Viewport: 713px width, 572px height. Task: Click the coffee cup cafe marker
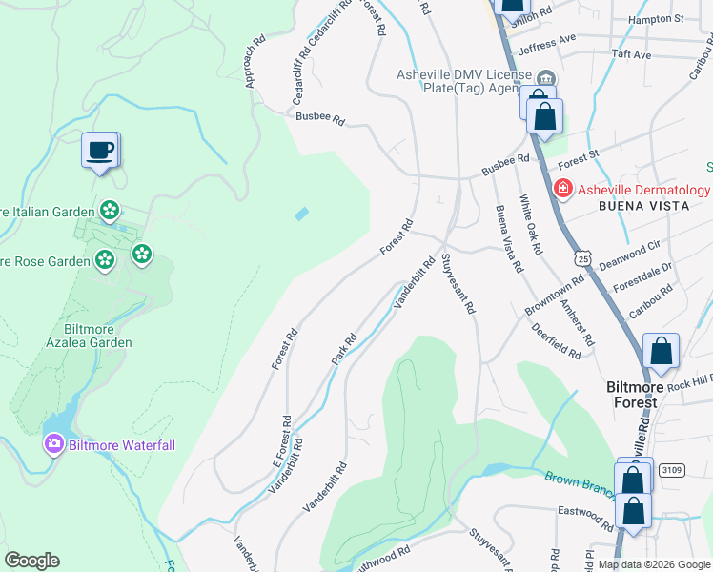pos(100,150)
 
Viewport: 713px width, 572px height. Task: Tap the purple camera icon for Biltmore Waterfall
pos(53,443)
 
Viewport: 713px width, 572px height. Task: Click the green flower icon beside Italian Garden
pos(110,210)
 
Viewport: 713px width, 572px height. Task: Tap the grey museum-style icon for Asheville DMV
pos(545,78)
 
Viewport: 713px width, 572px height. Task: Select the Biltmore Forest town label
pos(644,395)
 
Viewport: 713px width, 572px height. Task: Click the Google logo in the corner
pos(31,561)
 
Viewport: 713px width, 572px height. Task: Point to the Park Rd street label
pos(343,347)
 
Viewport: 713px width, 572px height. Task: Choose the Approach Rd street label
pos(254,62)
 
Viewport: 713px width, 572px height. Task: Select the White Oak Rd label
pos(531,224)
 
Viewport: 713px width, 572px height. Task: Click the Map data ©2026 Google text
pos(654,564)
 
